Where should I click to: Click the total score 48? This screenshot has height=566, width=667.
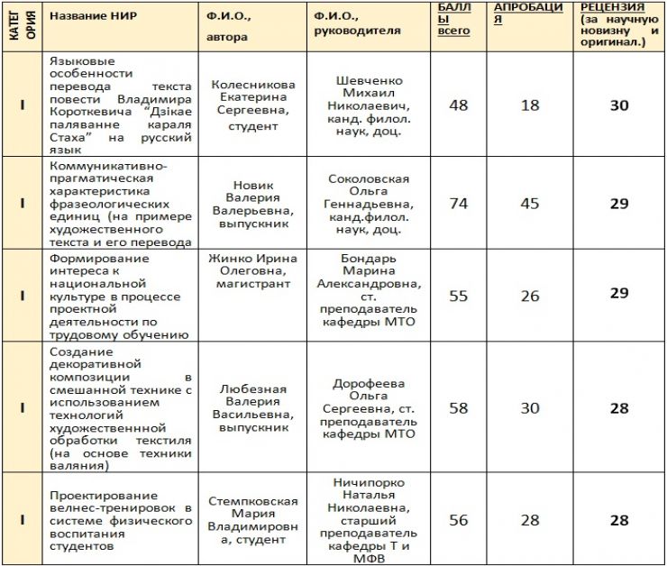pos(459,105)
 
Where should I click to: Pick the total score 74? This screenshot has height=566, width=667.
pos(459,204)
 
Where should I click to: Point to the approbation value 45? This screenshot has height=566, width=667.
pos(529,204)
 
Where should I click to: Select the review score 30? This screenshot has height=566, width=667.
pos(618,105)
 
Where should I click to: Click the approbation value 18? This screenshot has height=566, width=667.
pos(529,105)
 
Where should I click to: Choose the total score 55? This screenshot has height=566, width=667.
pos(459,296)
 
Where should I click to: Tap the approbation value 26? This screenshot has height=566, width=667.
pos(529,296)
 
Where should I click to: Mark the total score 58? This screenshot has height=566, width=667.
pos(459,408)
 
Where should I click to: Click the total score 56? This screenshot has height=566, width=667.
pos(459,520)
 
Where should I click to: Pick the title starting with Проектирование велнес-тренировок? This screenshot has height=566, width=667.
pos(121,520)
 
